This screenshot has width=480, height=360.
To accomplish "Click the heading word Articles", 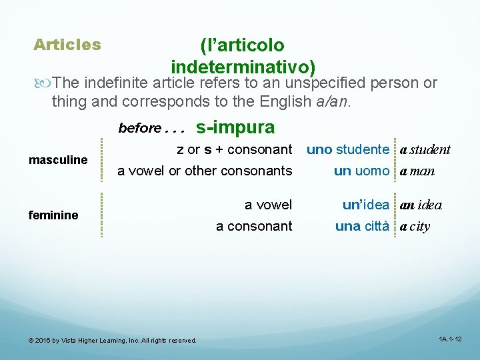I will tap(67, 45).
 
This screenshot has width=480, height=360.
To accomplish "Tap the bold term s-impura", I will tap(235, 126).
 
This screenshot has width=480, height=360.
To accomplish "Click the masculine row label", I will tap(57, 160).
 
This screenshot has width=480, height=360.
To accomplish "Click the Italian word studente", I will tap(363, 149).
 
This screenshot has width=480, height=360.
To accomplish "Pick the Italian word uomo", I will tap(372, 171).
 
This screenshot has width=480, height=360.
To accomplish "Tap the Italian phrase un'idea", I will tap(365, 205).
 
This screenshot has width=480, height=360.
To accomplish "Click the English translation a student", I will tap(425, 149).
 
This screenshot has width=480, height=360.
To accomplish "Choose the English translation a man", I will tap(417, 171).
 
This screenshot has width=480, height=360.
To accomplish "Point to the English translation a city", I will tap(415, 226).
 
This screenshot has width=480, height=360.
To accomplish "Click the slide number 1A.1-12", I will tap(450, 339).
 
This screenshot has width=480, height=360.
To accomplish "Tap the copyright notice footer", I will tap(112, 341).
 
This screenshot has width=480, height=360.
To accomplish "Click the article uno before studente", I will tap(319, 149).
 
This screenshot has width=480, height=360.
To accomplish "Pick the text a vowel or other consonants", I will tap(205, 171).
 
